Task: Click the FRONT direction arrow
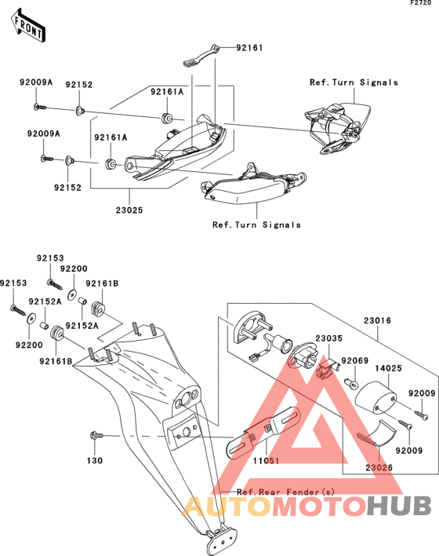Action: pos(28,26)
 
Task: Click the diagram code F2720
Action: pos(421,3)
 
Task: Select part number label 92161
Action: pos(249,48)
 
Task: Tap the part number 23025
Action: pos(129,210)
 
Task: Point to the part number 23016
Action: pos(377,320)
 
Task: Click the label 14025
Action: pos(388,368)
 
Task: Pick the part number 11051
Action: pos(266,461)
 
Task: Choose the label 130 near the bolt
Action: pos(95,461)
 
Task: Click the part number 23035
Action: pos(329,338)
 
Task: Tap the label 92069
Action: pos(355,360)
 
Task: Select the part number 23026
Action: pos(379,468)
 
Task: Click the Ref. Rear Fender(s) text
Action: pos(285,492)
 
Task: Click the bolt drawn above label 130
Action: pos(96,435)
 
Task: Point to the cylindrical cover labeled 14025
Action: pos(376,397)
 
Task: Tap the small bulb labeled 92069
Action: pos(351,383)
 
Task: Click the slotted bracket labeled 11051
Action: pos(263,433)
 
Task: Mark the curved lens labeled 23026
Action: pos(377,433)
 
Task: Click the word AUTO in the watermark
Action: pos(227,505)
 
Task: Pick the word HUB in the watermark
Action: pos(399,505)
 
